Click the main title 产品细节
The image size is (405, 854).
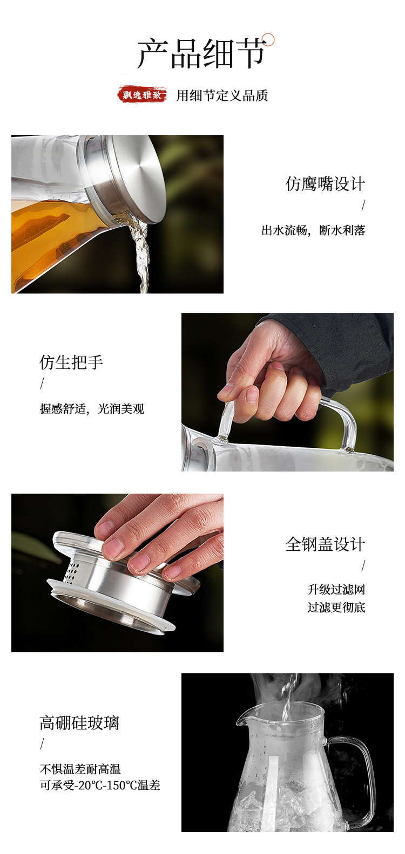[x=201, y=54]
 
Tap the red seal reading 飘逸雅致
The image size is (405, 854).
[x=142, y=94]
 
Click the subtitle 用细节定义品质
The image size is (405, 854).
[x=222, y=95]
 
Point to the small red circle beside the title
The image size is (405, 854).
[x=269, y=39]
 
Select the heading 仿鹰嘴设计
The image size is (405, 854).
[x=325, y=184]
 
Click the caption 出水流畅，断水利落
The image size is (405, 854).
[x=313, y=230]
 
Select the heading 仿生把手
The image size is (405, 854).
[x=71, y=362]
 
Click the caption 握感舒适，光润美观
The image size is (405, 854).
[x=92, y=409]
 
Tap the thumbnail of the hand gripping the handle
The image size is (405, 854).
[x=287, y=392]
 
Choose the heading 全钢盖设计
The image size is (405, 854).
[x=325, y=544]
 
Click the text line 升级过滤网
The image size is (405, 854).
[x=336, y=590]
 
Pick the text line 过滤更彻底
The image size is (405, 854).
[x=336, y=607]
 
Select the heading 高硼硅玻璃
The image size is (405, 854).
[x=79, y=722]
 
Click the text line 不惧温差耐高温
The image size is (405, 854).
[x=80, y=769]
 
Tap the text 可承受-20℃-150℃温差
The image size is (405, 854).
[x=100, y=785]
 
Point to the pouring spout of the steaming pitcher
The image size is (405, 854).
[x=242, y=718]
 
